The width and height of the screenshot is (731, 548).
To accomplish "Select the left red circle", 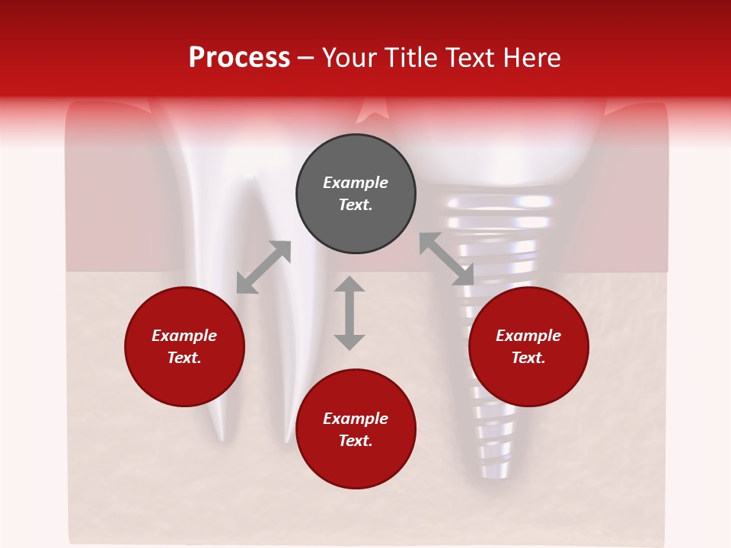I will pyautogui.click(x=184, y=346).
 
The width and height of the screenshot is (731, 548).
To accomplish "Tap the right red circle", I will pyautogui.click(x=528, y=346).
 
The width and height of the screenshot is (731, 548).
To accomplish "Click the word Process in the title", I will pyautogui.click(x=239, y=58).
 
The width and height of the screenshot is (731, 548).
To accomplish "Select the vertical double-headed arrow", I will pyautogui.click(x=350, y=313).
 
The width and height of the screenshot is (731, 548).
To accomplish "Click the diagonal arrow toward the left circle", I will pyautogui.click(x=263, y=267).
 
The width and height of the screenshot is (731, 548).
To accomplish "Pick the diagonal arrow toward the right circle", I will pyautogui.click(x=446, y=259).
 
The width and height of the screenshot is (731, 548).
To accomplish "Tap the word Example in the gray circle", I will pyautogui.click(x=356, y=183).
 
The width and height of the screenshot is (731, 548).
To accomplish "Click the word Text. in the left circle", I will pyautogui.click(x=184, y=358).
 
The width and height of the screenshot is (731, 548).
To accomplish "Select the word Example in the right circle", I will pyautogui.click(x=528, y=336).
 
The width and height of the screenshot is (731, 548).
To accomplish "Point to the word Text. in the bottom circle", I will pyautogui.click(x=356, y=441).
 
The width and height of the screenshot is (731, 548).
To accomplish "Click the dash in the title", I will pyautogui.click(x=306, y=58).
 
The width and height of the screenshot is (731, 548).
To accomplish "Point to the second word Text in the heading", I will pyautogui.click(x=471, y=58).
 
